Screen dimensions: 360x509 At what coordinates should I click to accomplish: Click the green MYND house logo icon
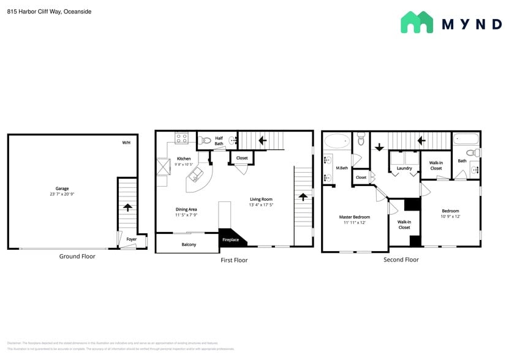[x=417, y=23]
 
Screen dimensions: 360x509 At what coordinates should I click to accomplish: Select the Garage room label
[x=62, y=189]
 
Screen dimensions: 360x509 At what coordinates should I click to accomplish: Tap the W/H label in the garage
[x=126, y=143]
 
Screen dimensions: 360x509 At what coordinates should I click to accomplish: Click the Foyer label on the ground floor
[x=132, y=239]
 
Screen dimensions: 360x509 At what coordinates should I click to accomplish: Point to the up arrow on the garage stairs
[x=127, y=207]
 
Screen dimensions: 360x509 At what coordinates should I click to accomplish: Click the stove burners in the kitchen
[x=181, y=138]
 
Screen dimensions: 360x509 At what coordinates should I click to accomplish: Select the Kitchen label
[x=184, y=159]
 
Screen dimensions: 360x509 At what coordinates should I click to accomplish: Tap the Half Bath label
[x=219, y=141]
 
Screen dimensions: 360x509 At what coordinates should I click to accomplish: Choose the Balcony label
[x=189, y=245]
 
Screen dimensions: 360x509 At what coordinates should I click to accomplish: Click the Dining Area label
[x=186, y=209]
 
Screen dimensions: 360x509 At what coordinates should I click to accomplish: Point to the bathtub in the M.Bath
[x=335, y=141]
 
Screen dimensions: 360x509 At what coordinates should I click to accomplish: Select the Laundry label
[x=404, y=168]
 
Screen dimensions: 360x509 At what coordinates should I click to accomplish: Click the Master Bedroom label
[x=355, y=217]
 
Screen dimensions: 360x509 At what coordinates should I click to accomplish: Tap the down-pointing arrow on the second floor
[x=379, y=147]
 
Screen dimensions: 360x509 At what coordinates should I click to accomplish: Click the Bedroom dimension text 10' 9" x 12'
[x=450, y=216]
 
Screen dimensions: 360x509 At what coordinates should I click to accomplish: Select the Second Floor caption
[x=401, y=260]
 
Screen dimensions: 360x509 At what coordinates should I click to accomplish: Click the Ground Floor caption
[x=77, y=256]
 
